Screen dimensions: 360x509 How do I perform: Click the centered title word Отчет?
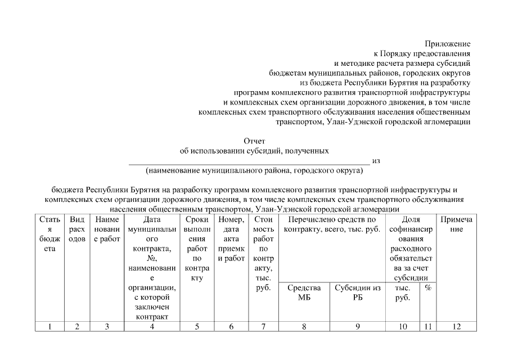[254, 141]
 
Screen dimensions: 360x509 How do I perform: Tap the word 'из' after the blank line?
[376, 160]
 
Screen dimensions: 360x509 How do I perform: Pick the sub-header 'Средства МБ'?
[304, 292]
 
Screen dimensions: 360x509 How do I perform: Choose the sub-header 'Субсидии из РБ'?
[358, 292]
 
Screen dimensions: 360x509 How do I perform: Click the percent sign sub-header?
[427, 288]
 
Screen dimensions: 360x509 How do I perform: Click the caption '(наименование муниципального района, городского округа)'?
[254, 170]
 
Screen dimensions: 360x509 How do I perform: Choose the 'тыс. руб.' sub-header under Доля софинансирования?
[403, 292]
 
